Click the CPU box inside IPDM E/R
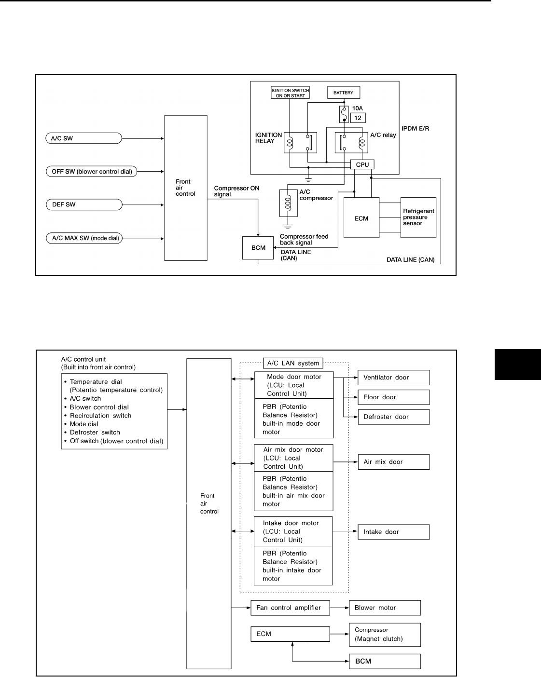click(x=362, y=164)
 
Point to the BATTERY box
click(x=343, y=93)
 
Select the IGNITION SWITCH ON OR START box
click(x=291, y=93)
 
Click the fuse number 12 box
click(x=359, y=118)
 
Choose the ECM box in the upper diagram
click(x=361, y=218)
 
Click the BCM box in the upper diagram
click(x=258, y=248)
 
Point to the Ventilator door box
click(x=393, y=378)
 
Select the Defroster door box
click(x=393, y=417)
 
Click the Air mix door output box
click(x=393, y=462)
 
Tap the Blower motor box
click(x=385, y=608)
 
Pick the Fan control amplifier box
click(x=290, y=608)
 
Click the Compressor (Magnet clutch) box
click(x=385, y=635)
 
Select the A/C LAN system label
click(x=293, y=363)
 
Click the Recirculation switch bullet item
click(x=100, y=416)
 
